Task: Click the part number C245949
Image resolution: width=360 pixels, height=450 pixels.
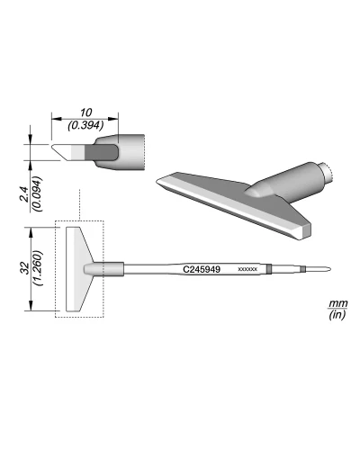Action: pos(202,269)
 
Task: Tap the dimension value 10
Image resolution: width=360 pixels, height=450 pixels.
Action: pos(85,113)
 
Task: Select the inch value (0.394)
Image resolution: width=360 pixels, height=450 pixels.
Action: pos(85,125)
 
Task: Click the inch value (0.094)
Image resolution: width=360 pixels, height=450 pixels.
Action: pos(39,194)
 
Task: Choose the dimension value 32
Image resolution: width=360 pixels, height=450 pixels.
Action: pos(25,268)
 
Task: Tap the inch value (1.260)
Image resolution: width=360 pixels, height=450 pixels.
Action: pos(39,268)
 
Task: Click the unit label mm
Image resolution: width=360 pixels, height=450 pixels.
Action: pos(338,303)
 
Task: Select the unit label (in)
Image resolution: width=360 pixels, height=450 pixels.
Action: pos(337,315)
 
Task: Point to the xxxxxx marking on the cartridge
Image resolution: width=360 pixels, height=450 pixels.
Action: pos(247,269)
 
